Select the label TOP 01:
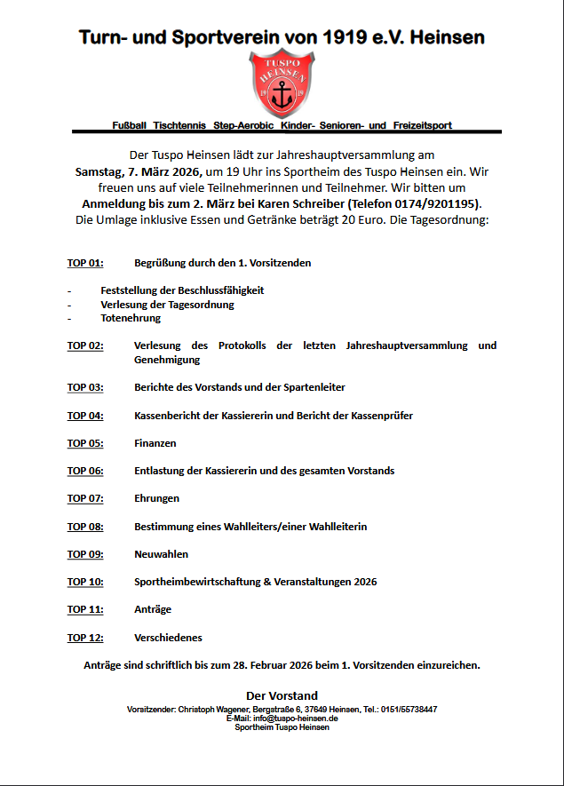(85, 264)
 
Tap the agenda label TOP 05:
(85, 443)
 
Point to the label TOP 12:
(85, 638)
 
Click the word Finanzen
(155, 443)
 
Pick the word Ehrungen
(157, 498)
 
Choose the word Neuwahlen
(161, 554)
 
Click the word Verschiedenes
(168, 638)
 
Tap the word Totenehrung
(131, 318)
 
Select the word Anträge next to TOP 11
(153, 609)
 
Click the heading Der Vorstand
(282, 695)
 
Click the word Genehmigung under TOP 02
(167, 360)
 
